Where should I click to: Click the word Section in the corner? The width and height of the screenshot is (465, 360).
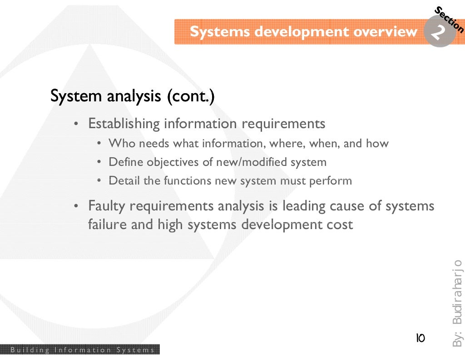449,20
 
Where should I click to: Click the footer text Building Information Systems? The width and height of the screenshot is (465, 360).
82,350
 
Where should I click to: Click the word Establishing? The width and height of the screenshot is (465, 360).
124,124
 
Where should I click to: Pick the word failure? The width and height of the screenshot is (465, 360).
108,225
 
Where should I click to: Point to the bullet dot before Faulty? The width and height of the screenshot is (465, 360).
77,207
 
